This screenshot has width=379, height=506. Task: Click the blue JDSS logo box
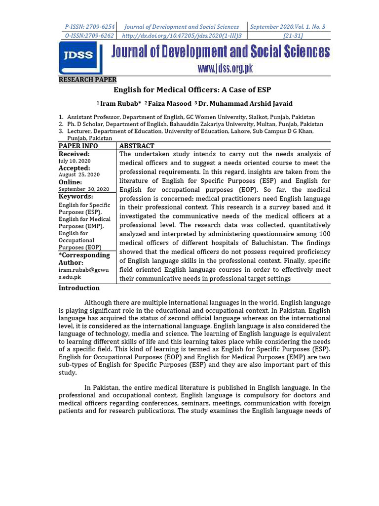[x=80, y=57]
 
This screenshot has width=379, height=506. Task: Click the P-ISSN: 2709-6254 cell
[x=90, y=27]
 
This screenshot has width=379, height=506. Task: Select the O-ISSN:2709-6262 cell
[x=90, y=36]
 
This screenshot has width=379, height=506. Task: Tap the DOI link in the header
[x=181, y=36]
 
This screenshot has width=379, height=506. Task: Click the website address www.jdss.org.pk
[x=225, y=69]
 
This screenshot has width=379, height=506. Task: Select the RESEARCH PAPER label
[x=87, y=80]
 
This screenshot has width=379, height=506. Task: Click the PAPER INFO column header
[x=78, y=146]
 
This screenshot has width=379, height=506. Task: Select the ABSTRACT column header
[x=137, y=146]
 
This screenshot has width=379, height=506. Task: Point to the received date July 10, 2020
[x=75, y=161]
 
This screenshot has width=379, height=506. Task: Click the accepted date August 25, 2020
[x=79, y=175]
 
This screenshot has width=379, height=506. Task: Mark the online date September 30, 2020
[x=84, y=189]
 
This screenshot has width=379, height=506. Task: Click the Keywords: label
[x=76, y=197]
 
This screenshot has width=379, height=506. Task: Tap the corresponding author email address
[x=83, y=274]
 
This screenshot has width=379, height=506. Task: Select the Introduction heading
[x=79, y=288]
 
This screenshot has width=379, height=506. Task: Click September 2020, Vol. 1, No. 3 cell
[x=288, y=27]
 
